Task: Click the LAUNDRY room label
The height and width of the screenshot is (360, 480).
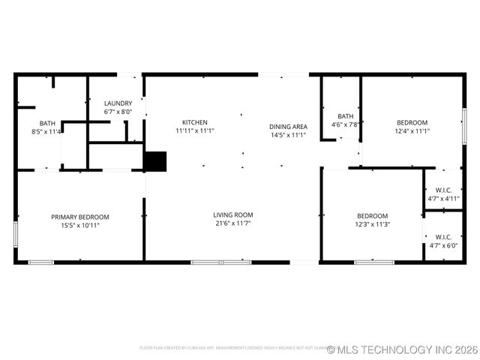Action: [118, 103]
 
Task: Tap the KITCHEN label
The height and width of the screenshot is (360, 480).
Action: [195, 122]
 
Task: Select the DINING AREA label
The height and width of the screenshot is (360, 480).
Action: [289, 127]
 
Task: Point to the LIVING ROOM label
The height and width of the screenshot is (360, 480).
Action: [233, 214]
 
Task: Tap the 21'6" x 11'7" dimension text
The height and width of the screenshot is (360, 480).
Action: [233, 223]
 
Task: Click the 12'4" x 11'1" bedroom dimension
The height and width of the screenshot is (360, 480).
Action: [412, 131]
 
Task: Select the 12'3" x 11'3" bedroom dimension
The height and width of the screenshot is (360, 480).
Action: [372, 223]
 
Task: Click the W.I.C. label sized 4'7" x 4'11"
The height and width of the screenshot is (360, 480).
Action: [443, 191]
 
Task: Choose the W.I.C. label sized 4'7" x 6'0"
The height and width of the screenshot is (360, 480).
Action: [443, 237]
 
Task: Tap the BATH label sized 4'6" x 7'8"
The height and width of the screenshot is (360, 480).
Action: [346, 116]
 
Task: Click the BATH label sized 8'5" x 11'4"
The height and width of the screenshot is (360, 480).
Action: [47, 124]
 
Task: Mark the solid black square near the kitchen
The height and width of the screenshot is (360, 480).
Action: [155, 162]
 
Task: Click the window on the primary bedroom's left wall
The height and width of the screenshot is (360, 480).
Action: [16, 234]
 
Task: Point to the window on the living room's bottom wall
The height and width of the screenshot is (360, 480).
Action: [221, 262]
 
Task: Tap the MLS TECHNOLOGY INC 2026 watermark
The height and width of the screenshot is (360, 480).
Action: [402, 349]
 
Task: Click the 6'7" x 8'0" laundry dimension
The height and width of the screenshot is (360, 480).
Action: [118, 112]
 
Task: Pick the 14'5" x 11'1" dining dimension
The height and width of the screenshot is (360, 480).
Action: [289, 135]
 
